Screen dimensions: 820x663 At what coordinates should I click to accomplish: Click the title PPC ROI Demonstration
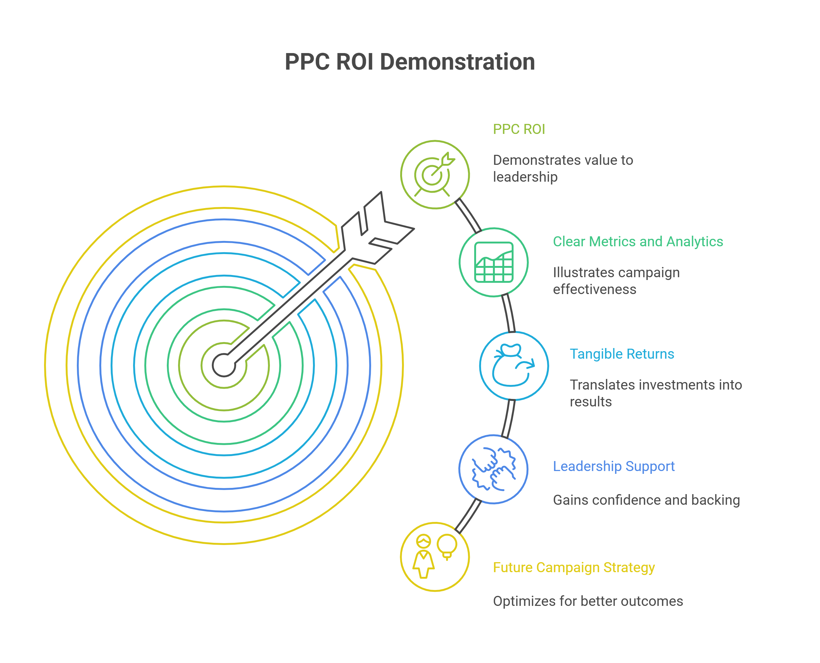click(410, 62)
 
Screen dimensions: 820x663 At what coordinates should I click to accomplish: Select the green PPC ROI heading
click(519, 129)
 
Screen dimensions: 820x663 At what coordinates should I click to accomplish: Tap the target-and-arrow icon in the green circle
click(435, 174)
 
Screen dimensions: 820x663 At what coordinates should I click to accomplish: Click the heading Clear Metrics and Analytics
click(638, 241)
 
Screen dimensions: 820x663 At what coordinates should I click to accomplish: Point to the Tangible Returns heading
click(622, 354)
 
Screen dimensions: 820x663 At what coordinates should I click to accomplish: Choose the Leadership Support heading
click(614, 466)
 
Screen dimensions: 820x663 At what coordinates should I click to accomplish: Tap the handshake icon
click(494, 469)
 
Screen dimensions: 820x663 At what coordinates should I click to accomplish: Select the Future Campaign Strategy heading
click(574, 567)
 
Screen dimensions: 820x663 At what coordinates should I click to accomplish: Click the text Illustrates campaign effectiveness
click(616, 281)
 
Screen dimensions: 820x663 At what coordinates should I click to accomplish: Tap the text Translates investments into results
click(656, 393)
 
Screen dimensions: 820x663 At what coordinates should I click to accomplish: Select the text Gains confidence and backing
click(646, 500)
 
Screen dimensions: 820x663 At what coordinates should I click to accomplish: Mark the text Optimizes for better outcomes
click(588, 601)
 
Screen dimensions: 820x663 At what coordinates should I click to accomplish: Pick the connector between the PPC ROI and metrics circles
click(468, 216)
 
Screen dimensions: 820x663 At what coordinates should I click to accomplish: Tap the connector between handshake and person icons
click(468, 516)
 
